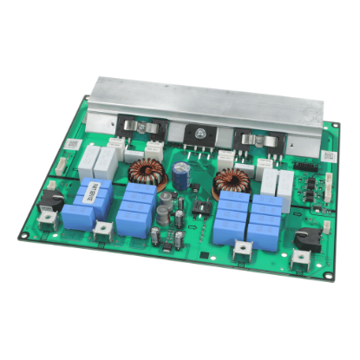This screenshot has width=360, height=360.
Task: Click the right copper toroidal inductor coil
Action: (231, 182)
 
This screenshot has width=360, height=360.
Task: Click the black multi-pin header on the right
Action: (304, 165)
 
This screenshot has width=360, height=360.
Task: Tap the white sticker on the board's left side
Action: (74, 144)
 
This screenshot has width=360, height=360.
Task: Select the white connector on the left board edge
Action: (61, 162)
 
